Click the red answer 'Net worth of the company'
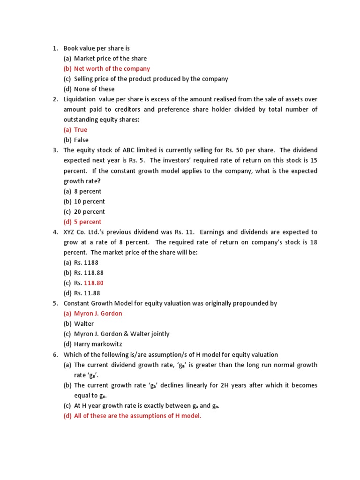click(112, 69)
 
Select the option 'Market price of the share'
click(110, 59)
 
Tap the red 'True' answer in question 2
click(80, 130)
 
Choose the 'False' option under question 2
click(81, 140)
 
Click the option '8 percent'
click(87, 191)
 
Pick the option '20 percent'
click(89, 212)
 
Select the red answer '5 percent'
click(87, 222)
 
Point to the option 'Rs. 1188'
click(86, 263)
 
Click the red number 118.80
click(94, 283)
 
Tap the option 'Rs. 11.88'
click(86, 293)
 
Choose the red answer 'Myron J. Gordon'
click(98, 314)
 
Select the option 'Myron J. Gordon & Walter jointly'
click(121, 334)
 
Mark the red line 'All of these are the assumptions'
click(137, 416)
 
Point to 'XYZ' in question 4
click(69, 232)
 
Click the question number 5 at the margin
click(54, 304)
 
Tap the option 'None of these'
click(94, 89)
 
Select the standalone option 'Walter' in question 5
click(84, 324)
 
